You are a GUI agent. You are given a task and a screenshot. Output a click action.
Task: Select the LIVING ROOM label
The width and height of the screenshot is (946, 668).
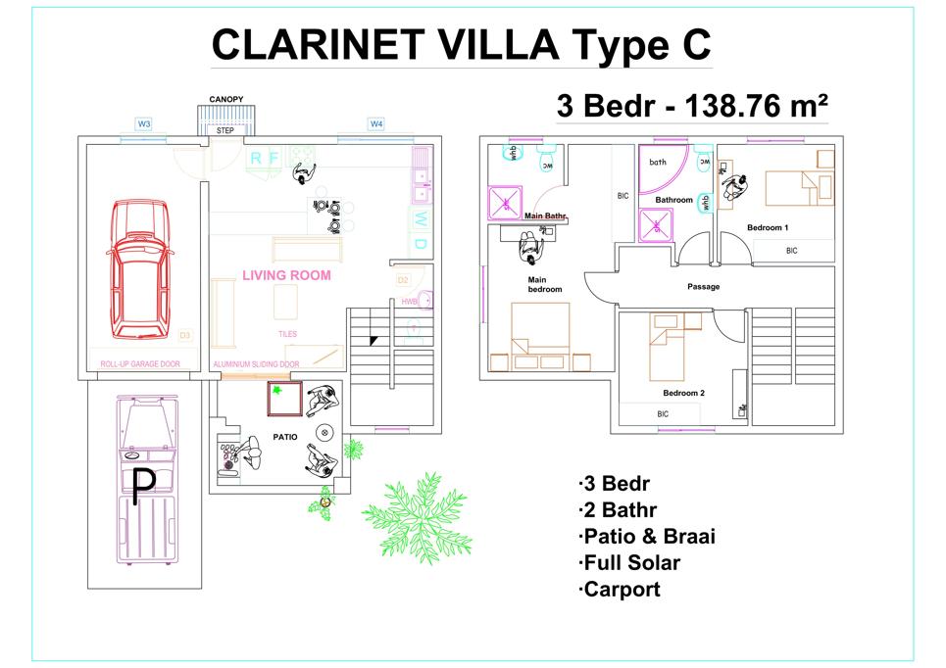click(286, 275)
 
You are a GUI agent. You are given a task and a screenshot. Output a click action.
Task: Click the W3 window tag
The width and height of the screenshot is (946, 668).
click(144, 124)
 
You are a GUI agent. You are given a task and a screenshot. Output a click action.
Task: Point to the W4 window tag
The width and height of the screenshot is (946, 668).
click(376, 124)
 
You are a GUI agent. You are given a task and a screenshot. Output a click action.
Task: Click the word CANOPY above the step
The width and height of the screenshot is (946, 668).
click(226, 100)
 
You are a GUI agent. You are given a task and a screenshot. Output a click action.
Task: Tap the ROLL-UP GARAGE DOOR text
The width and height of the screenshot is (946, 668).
click(140, 364)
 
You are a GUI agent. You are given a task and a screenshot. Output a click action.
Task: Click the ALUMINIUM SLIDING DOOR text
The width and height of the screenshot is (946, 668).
click(256, 364)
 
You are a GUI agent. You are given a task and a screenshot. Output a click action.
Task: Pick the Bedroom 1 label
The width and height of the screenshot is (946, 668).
click(768, 227)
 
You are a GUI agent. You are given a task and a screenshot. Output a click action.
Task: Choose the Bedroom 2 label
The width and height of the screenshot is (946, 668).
click(683, 393)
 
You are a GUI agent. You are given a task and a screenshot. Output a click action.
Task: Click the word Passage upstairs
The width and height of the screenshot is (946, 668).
click(703, 287)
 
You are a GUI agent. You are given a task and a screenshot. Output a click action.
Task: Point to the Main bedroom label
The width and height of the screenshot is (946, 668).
click(544, 284)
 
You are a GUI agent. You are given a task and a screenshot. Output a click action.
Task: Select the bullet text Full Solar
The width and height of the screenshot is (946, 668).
click(630, 563)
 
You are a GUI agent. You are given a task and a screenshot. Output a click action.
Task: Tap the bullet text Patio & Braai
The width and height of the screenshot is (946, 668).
click(648, 537)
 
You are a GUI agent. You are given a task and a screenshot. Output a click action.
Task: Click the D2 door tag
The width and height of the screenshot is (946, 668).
click(403, 280)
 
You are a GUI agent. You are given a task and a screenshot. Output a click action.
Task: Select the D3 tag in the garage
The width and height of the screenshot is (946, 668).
click(184, 336)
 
